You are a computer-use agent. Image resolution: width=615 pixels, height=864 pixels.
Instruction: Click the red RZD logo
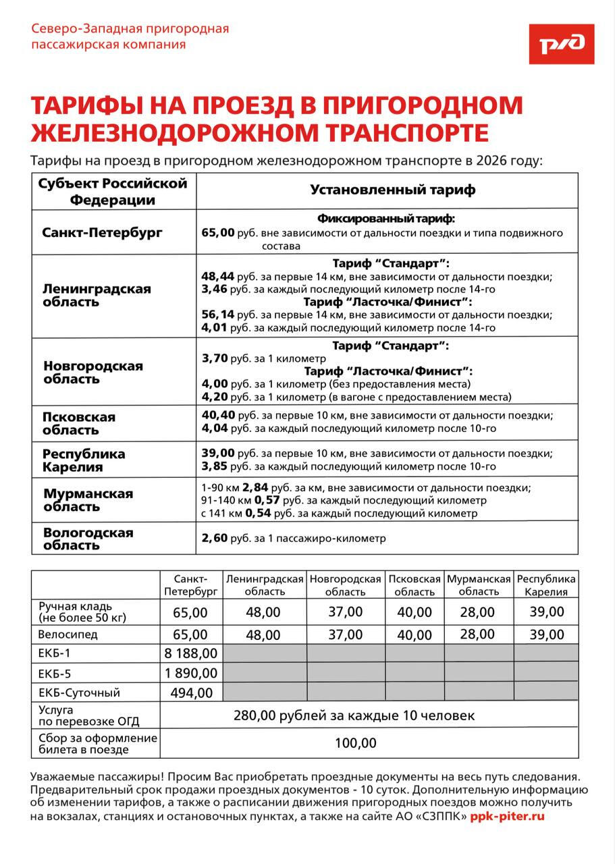coord(561,44)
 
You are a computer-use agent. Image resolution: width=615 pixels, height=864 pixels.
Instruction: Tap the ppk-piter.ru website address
coord(507,816)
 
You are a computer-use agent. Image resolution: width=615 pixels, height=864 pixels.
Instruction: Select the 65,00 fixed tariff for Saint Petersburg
coord(217,233)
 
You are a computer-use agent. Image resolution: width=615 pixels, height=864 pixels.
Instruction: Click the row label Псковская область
coord(79,423)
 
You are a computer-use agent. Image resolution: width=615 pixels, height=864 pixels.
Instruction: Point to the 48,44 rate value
coord(217,276)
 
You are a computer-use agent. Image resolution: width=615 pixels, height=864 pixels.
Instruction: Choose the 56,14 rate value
coord(217,315)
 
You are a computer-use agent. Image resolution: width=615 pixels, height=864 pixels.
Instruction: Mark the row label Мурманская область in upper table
coord(88,500)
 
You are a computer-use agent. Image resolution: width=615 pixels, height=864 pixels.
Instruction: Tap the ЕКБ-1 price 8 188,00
coord(190,653)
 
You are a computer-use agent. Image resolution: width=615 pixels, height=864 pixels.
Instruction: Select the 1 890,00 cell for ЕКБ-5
coord(190,673)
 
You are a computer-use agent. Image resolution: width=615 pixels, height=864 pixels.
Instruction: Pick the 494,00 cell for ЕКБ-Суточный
coord(190,693)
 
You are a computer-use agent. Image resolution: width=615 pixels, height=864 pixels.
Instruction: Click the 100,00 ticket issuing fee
coord(356,744)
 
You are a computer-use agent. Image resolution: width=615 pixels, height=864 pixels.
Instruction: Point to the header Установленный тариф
coord(392,190)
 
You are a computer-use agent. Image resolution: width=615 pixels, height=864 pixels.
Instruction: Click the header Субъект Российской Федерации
coord(113,191)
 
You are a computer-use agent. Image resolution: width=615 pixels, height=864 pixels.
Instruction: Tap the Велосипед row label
coord(68,634)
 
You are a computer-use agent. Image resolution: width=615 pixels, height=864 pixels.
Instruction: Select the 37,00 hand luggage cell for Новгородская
coord(345,612)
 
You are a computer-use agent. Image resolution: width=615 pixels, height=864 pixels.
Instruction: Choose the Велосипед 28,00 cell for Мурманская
coord(477,634)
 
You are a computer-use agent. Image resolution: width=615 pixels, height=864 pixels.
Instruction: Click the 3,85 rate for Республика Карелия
coord(215,466)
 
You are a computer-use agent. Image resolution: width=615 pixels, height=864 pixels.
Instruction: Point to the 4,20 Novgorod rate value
coord(215,396)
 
